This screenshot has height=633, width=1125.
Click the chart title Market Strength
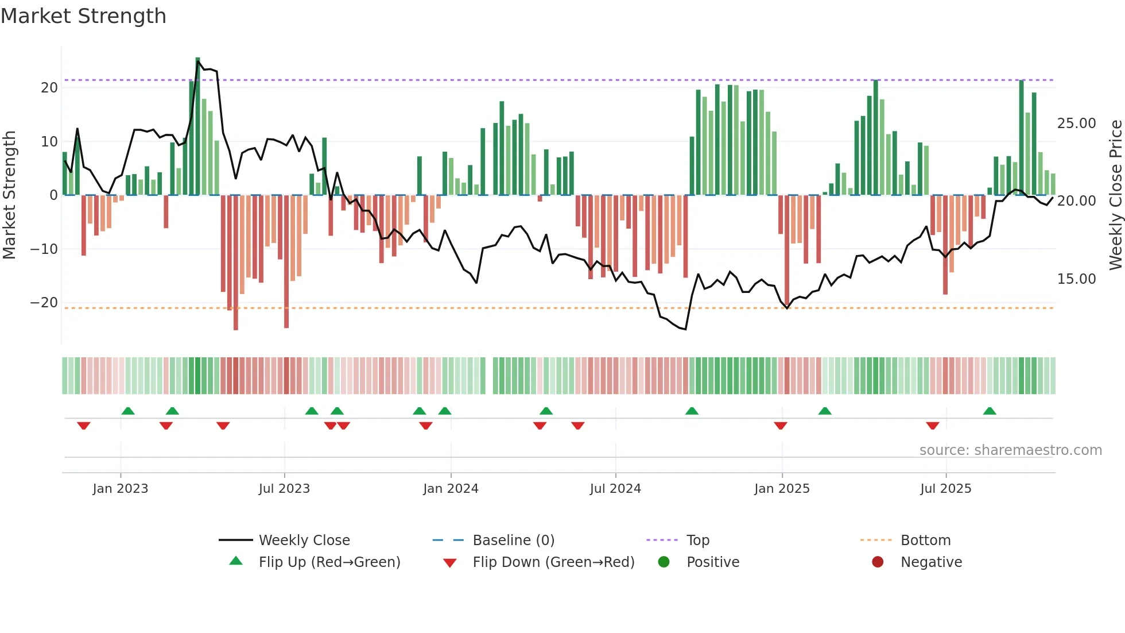83,16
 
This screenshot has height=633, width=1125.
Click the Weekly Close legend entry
304,540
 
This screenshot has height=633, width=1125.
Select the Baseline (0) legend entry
513,540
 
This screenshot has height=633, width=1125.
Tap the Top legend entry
697,540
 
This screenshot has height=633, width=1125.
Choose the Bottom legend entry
925,540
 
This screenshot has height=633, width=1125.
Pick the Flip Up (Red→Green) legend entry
329,562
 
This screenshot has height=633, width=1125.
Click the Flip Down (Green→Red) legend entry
553,562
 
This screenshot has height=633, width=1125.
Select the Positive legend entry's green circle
664,562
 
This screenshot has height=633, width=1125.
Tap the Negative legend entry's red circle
878,562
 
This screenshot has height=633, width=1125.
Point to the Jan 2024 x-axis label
451,489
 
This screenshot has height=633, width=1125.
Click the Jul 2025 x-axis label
945,489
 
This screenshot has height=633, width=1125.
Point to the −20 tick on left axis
44,303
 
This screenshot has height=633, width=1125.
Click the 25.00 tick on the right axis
1076,123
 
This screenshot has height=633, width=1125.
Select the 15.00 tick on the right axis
1076,279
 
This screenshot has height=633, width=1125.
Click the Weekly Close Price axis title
1115,195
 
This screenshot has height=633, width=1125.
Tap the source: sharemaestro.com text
1010,450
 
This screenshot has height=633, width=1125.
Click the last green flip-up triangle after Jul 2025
990,411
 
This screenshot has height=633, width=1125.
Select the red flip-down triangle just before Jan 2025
780,426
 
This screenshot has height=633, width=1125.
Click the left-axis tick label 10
49,142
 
